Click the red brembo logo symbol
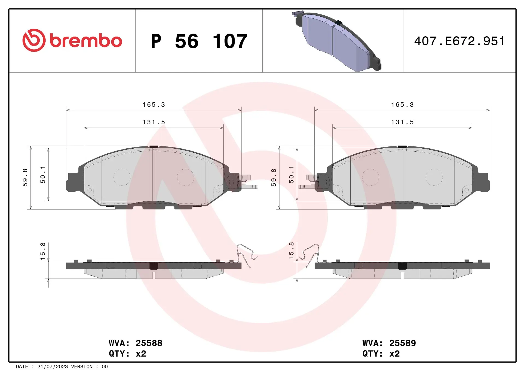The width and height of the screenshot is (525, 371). click(34, 40)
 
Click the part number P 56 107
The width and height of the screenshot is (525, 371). click(199, 41)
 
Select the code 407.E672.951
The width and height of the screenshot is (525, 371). click(459, 41)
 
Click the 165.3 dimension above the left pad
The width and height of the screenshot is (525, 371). click(154, 105)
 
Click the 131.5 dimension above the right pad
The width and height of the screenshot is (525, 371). click(402, 122)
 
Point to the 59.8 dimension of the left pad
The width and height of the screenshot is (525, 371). click(25, 178)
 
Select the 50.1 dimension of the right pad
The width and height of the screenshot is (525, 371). click(291, 175)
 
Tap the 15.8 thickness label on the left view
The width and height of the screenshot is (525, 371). click(43, 251)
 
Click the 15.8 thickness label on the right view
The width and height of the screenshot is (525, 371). click(291, 251)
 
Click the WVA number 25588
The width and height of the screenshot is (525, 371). click(149, 343)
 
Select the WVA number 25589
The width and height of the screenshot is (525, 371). click(402, 343)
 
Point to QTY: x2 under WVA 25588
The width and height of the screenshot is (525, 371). click(127, 354)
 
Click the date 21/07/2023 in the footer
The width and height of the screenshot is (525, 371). click(52, 367)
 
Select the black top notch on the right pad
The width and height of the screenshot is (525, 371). click(402, 147)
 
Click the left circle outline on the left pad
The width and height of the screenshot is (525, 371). click(122, 177)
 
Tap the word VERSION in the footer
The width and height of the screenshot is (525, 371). click(82, 367)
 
